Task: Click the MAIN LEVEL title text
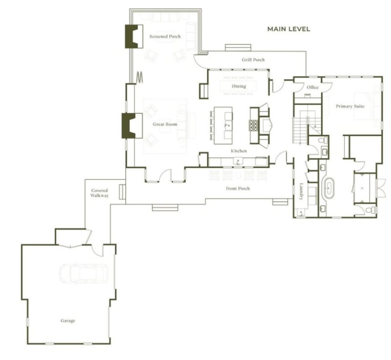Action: [x=288, y=29]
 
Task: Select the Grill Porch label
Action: [x=253, y=60]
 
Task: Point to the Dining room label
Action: [x=239, y=87]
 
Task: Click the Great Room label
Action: [x=165, y=125]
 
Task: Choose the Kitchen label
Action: [x=239, y=151]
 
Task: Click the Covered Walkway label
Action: [x=100, y=193]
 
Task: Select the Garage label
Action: [x=68, y=321]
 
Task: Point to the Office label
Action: [x=312, y=88]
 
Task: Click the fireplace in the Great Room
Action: [x=130, y=125]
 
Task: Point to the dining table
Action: [x=239, y=87]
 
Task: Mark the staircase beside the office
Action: [x=300, y=130]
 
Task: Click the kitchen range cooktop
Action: [x=254, y=125]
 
